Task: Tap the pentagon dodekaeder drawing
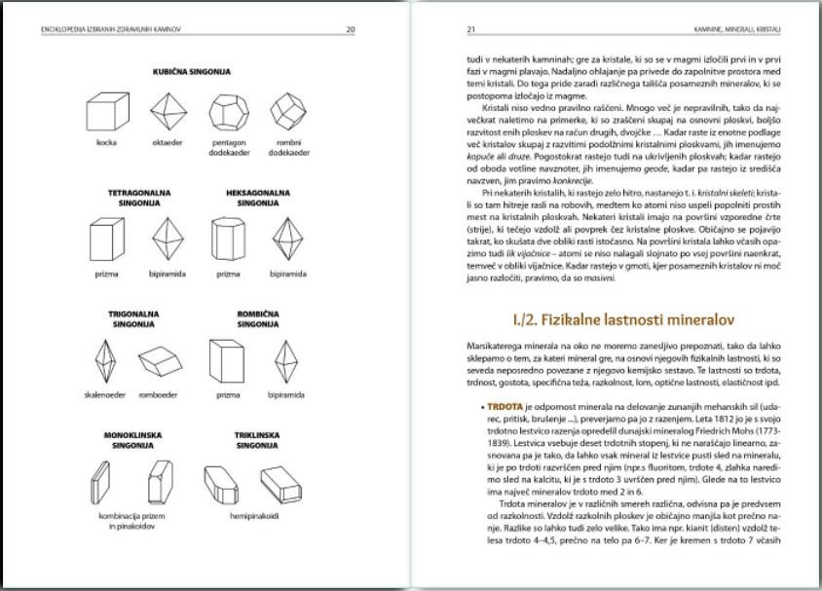click(227, 113)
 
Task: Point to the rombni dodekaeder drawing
click(287, 113)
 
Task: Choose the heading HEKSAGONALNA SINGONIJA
click(256, 198)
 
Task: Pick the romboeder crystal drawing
click(160, 363)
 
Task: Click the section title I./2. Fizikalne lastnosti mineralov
click(622, 318)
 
